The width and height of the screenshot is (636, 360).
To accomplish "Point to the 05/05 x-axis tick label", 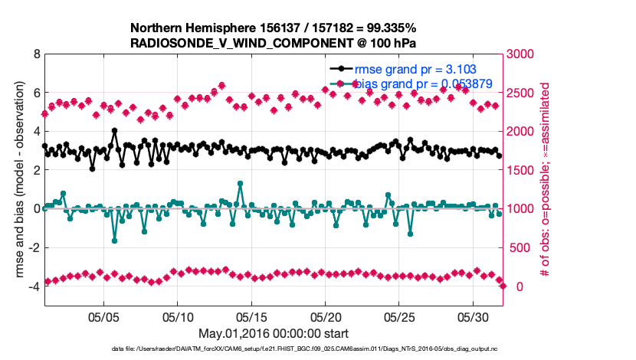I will (104, 316).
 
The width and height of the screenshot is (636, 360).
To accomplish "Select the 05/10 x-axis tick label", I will (178, 316).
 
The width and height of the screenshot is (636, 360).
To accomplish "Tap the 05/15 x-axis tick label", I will (252, 316).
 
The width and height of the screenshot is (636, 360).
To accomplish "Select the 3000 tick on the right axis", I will (523, 54).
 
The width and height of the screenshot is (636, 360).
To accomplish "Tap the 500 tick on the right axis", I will (520, 247).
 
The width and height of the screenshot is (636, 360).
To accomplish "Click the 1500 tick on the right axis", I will (523, 170).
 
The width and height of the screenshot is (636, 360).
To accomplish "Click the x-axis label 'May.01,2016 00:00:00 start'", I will (274, 333).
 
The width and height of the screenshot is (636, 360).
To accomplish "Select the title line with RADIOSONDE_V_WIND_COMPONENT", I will (274, 42).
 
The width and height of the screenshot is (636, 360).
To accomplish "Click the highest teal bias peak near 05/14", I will (241, 183).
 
